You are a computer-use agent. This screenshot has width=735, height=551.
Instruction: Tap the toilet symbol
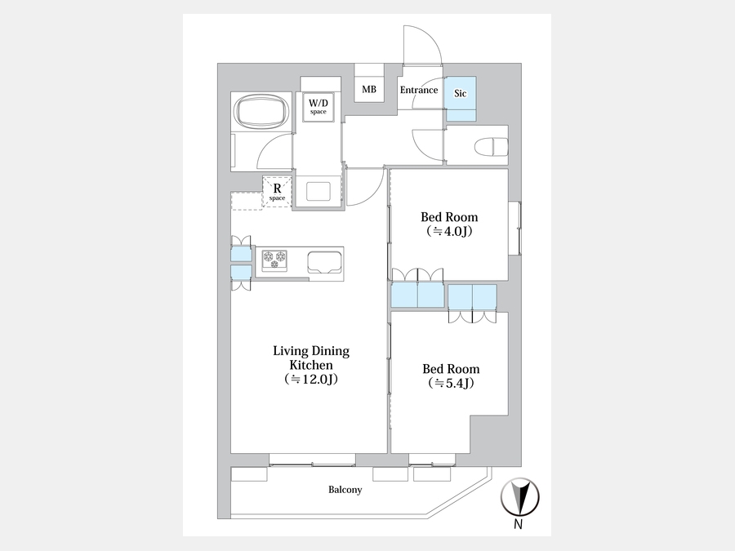(x=492, y=147)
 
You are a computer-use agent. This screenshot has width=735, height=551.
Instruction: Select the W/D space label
(x=318, y=106)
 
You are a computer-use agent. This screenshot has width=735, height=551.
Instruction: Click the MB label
(x=369, y=89)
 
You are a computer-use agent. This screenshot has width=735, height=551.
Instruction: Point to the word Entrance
(x=419, y=90)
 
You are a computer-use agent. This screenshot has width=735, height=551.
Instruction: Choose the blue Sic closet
(x=461, y=99)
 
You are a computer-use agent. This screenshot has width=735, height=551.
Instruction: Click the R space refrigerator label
(x=277, y=191)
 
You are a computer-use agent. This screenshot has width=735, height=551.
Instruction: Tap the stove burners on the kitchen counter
(x=274, y=260)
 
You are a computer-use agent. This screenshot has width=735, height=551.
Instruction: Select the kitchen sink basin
(x=325, y=262)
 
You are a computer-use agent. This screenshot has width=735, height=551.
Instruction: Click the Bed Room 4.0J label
(x=449, y=224)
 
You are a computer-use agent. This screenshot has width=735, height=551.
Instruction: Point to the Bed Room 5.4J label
(x=451, y=375)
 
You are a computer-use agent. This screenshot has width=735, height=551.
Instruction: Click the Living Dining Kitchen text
(x=311, y=358)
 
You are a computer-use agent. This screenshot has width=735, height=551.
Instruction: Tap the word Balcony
(x=345, y=490)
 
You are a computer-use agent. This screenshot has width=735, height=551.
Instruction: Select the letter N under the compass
(x=518, y=524)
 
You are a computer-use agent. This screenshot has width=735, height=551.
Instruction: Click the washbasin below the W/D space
(x=318, y=192)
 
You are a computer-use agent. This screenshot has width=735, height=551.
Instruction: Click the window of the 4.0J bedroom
(x=514, y=229)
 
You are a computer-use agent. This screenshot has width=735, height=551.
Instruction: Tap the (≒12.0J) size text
(x=311, y=379)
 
